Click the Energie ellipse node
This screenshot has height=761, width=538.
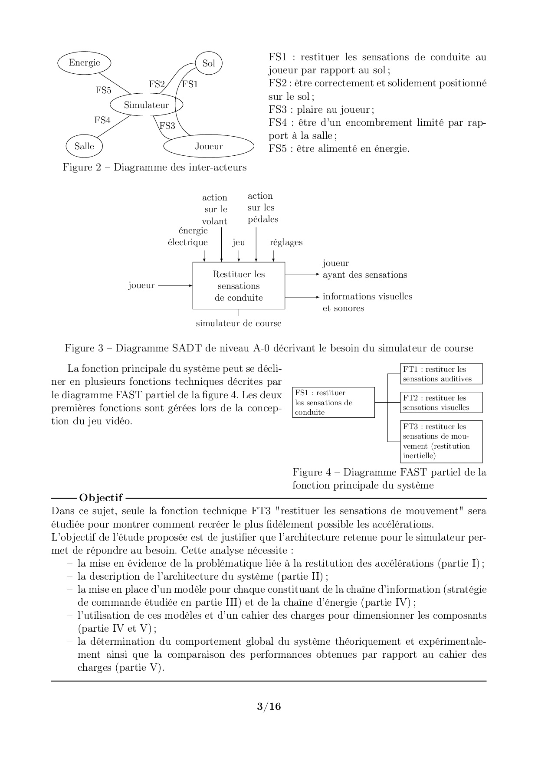tap(84, 63)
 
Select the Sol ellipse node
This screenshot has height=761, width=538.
tap(209, 63)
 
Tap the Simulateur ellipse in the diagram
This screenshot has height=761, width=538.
tap(146, 105)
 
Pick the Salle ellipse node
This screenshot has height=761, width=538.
tap(84, 146)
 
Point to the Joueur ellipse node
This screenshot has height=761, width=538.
tap(209, 146)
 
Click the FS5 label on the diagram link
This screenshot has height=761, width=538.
tap(103, 90)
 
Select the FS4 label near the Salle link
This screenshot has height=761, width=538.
tap(102, 120)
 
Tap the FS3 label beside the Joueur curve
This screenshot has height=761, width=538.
tap(167, 126)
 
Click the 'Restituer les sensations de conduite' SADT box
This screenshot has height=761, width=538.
tap(239, 286)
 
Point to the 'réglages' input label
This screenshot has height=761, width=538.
tap(286, 242)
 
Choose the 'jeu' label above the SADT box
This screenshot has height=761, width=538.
tap(239, 242)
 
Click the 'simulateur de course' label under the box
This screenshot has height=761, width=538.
tap(239, 323)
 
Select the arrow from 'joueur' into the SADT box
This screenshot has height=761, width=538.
tap(175, 285)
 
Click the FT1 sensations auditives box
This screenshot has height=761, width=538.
tap(441, 374)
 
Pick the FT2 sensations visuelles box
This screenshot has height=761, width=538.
tap(441, 403)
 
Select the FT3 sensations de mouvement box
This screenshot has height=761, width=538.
tap(441, 441)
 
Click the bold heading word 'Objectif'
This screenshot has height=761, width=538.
tap(101, 498)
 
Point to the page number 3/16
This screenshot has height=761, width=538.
tap(269, 707)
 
